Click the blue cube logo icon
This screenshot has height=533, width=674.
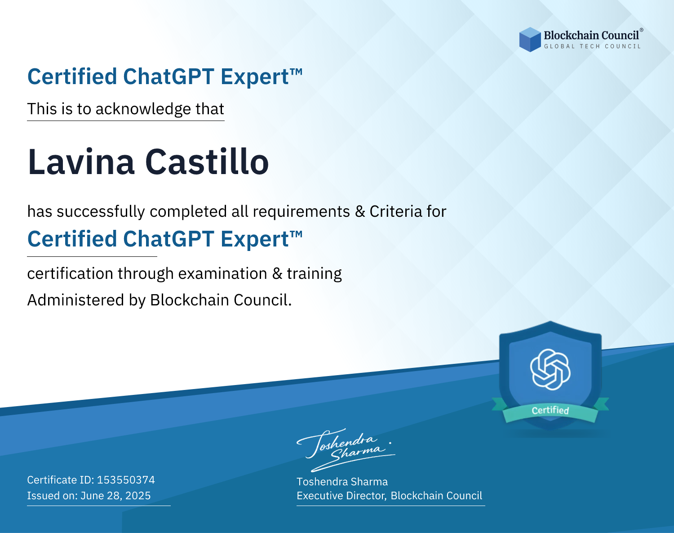(530, 40)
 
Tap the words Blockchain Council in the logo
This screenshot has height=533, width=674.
(591, 35)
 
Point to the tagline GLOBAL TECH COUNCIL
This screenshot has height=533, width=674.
(592, 46)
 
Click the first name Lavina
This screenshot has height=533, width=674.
(81, 162)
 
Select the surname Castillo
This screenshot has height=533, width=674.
(207, 161)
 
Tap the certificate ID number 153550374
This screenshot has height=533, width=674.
(126, 479)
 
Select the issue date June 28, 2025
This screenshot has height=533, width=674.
(115, 495)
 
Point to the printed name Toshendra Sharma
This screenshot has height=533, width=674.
(342, 482)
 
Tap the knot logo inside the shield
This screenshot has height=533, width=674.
(550, 369)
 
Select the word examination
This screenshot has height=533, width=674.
(223, 273)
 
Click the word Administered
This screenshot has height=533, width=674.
(76, 300)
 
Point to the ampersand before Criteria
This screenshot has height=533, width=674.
(360, 211)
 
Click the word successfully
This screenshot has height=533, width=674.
(101, 212)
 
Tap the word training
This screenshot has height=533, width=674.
(314, 273)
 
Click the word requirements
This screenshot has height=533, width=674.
(302, 212)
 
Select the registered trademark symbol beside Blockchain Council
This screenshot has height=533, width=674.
(641, 30)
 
